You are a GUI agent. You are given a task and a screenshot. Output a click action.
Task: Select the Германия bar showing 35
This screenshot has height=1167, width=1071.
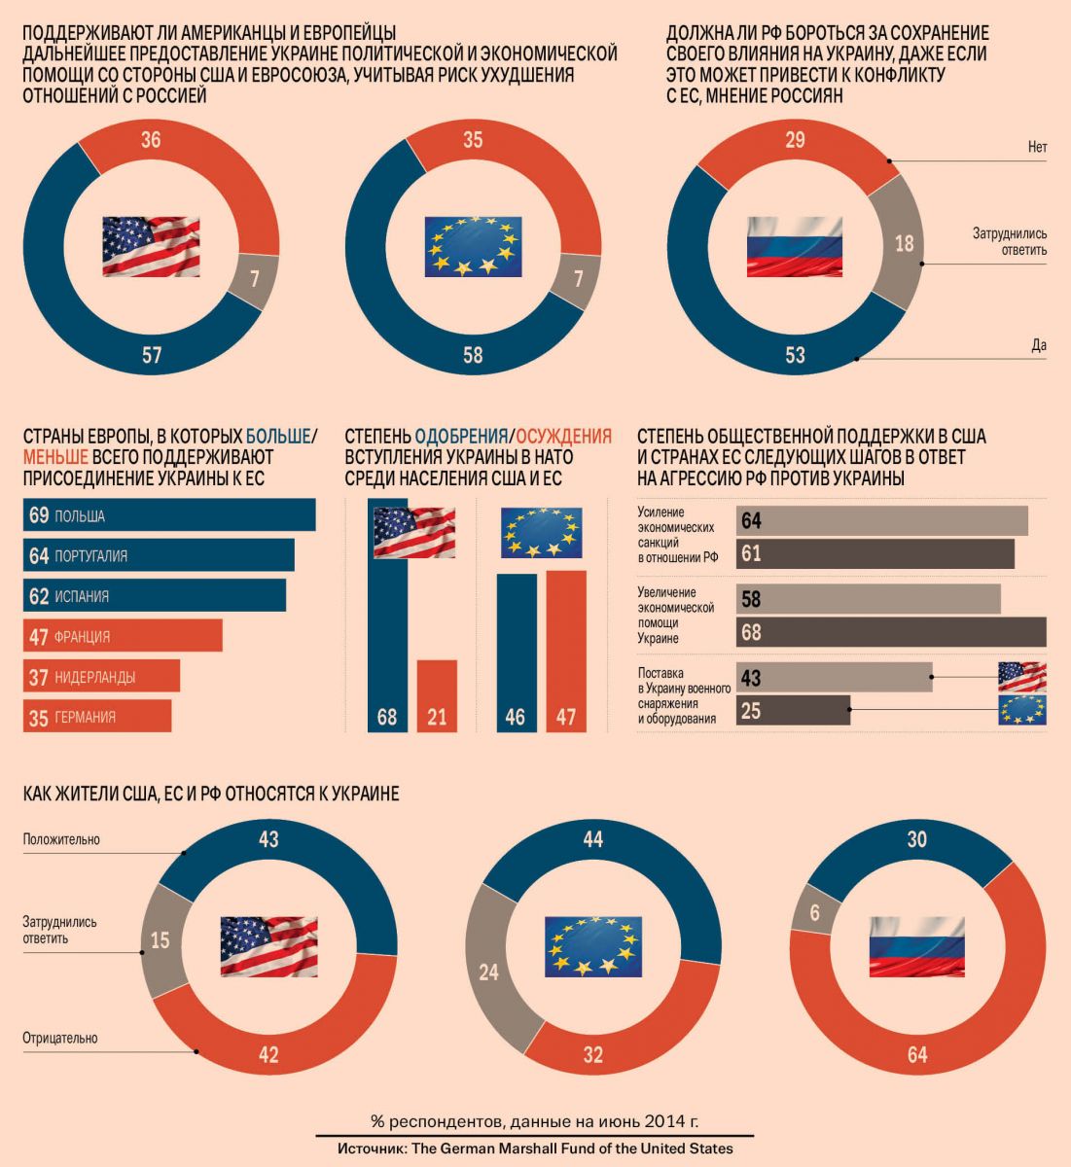coord(96,717)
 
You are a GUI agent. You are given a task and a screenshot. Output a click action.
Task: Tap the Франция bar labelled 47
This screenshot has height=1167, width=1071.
coord(123,636)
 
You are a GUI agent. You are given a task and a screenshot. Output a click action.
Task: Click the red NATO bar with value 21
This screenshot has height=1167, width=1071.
coord(437,694)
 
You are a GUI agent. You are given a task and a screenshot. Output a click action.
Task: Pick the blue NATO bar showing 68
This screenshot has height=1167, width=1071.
coord(387,642)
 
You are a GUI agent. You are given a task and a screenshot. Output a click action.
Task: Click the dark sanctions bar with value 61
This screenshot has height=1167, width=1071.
coord(875,553)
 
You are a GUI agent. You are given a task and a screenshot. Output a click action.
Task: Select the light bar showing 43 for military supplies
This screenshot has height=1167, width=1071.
coord(835,678)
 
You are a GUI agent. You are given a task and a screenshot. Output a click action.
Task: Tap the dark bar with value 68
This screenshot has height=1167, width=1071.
coord(891,632)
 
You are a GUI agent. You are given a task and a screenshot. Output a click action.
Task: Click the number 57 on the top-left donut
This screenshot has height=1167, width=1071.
coord(152,355)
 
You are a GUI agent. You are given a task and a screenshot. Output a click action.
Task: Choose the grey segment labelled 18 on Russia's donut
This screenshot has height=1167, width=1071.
coord(904,243)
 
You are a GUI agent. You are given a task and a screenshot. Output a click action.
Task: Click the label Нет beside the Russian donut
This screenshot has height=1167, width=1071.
coord(1037,148)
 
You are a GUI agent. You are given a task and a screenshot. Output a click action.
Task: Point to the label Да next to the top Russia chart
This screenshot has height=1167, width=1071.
coord(1039,345)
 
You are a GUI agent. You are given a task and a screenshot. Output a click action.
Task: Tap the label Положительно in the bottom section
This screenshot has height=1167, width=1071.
coord(61,839)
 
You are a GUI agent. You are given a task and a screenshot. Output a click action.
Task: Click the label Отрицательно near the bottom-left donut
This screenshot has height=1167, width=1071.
coord(60,1038)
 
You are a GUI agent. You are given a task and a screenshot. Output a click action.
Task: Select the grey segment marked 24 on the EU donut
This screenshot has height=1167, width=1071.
coord(488,972)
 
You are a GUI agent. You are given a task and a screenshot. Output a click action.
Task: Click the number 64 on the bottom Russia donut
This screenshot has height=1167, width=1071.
coord(916,1054)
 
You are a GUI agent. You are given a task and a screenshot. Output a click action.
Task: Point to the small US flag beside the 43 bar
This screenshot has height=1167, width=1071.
coord(1022,677)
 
